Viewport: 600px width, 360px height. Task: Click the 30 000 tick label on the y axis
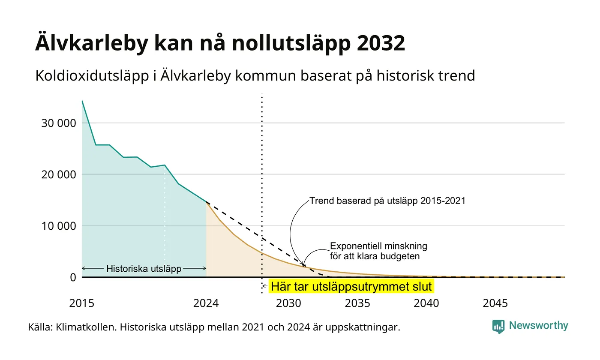(x=59, y=123)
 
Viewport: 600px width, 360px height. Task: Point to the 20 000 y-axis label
(x=59, y=175)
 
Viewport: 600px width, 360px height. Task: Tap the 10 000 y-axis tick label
(x=59, y=226)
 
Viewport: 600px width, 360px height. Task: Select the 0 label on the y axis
(x=73, y=278)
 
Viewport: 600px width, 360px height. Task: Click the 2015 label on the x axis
(x=82, y=303)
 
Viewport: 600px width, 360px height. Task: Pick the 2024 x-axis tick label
(x=206, y=303)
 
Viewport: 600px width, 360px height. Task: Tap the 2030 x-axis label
(x=289, y=303)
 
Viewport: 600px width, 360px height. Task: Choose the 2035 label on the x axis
(x=357, y=303)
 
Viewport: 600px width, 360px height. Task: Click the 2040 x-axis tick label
(x=426, y=303)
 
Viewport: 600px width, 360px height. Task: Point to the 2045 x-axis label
(x=495, y=303)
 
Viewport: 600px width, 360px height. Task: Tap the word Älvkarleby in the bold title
(x=92, y=42)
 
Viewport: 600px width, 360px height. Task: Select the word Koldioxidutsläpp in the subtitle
(x=92, y=75)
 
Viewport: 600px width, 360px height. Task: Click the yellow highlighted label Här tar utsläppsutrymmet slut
(x=351, y=287)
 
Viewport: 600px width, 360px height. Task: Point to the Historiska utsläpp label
(x=144, y=269)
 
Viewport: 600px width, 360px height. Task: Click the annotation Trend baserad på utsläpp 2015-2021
(x=387, y=201)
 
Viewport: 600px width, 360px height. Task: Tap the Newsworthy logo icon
(x=498, y=327)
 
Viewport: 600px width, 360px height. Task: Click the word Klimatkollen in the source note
(x=86, y=327)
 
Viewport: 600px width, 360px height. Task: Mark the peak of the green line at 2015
(x=82, y=101)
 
